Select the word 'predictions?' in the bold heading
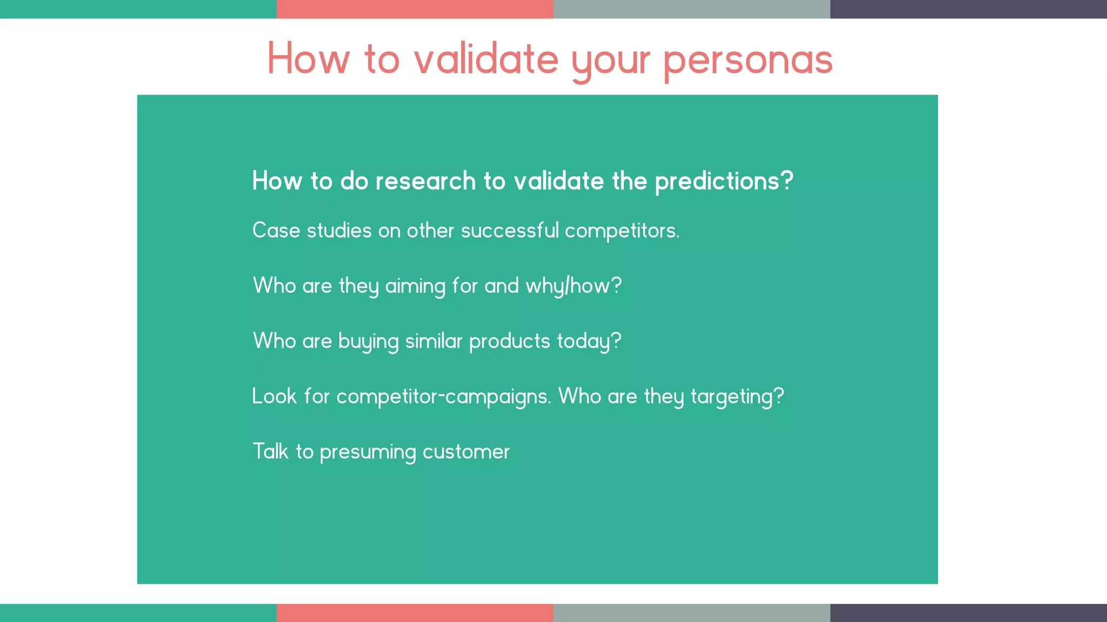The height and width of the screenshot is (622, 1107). click(724, 181)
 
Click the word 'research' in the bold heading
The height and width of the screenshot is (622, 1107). click(425, 181)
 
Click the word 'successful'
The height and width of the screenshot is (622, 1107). click(509, 231)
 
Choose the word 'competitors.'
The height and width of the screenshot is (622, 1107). click(622, 231)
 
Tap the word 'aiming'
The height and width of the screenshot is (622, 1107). click(415, 286)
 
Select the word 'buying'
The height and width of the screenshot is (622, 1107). click(368, 342)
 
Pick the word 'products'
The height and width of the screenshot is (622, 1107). click(509, 341)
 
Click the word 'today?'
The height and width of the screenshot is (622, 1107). click(589, 342)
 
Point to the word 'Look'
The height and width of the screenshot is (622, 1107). click(274, 396)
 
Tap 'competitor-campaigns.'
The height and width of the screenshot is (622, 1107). click(443, 397)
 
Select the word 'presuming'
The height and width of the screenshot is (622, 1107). click(368, 452)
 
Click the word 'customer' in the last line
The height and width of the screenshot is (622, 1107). click(466, 452)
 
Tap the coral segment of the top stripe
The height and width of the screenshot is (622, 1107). click(415, 9)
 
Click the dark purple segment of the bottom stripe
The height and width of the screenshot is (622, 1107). click(968, 613)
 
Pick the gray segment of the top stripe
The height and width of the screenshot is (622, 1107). click(691, 9)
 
